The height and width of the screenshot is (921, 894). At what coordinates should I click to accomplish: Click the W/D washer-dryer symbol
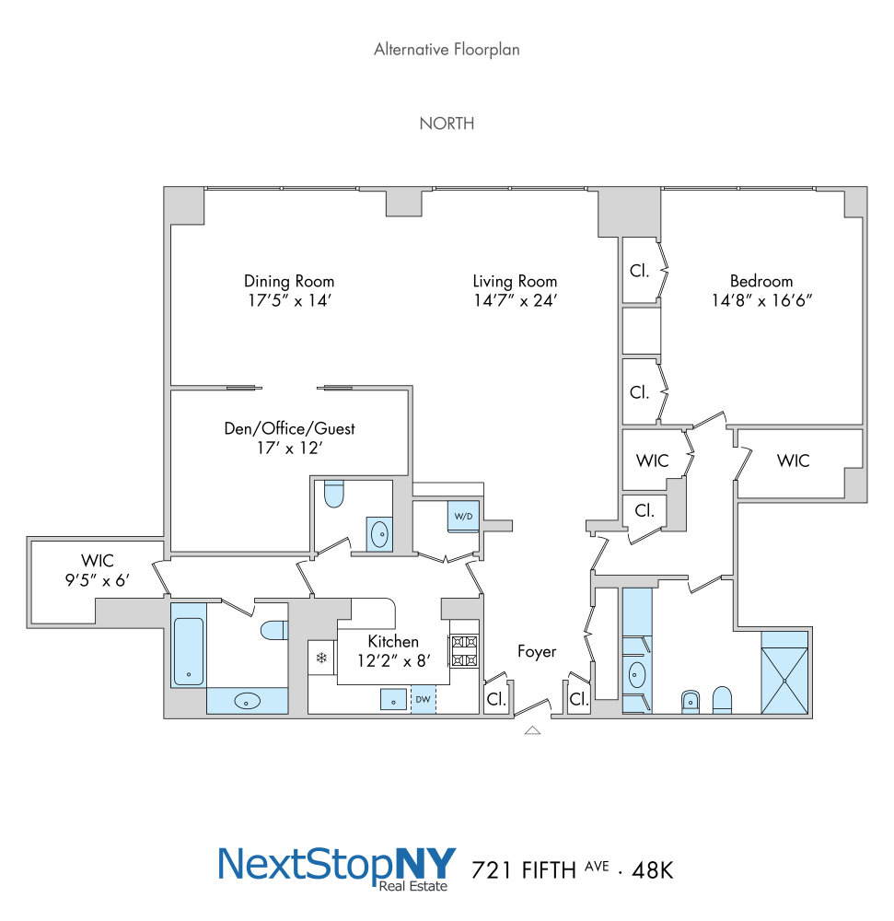[462, 516]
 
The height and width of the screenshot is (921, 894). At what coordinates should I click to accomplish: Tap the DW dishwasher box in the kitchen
[424, 700]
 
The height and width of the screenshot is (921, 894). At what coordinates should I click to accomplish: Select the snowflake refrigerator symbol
[321, 658]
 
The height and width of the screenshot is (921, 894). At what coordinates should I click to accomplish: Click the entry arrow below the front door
[531, 730]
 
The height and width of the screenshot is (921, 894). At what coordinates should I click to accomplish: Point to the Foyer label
[537, 652]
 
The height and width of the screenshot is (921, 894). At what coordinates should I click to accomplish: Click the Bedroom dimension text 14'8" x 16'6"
[761, 300]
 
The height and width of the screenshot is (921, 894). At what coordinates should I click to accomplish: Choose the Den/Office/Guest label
[290, 428]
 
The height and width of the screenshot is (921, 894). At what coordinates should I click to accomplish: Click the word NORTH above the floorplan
[447, 123]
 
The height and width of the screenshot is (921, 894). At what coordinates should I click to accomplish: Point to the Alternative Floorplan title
[447, 50]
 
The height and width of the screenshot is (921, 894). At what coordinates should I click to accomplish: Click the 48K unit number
[654, 869]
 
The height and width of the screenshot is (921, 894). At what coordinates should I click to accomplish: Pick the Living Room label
[515, 281]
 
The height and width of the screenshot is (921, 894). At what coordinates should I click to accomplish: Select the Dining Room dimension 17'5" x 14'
[289, 300]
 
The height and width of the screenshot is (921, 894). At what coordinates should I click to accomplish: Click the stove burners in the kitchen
[464, 652]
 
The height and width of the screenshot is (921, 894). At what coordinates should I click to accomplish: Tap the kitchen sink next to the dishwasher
[394, 699]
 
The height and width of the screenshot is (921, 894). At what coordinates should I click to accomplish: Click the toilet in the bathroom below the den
[333, 495]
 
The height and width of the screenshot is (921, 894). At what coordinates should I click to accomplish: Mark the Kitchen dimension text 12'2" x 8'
[394, 659]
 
